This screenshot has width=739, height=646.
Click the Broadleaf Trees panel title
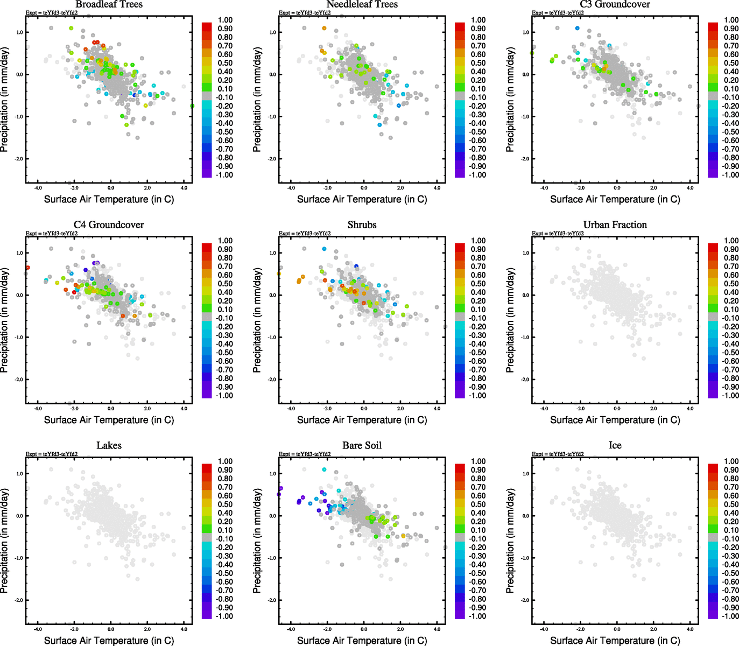pos(109,4)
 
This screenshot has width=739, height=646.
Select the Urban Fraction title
pos(615,224)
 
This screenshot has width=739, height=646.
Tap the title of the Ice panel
pos(615,445)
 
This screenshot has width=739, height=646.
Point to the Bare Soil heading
pos(362,445)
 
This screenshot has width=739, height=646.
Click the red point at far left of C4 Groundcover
pos(27,268)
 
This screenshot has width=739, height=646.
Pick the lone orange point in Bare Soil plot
pos(403,536)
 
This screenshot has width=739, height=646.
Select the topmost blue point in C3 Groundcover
pos(577,28)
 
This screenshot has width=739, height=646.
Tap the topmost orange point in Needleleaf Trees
pos(324,28)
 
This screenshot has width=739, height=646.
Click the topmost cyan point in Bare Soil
pos(324,469)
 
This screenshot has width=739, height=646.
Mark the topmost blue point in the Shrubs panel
pos(324,249)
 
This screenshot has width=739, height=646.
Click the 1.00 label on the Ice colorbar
pos(731,461)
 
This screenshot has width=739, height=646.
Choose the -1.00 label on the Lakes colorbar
pos(224,616)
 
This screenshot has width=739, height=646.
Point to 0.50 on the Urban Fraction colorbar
pos(731,284)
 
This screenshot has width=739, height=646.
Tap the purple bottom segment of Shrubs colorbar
pos(460,394)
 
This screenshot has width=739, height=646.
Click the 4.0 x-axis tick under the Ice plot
pos(690,629)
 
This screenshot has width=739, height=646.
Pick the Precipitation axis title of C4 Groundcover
pos(5,321)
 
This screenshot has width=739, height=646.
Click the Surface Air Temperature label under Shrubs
pos(362,420)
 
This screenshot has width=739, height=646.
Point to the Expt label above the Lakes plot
pos(52,454)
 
